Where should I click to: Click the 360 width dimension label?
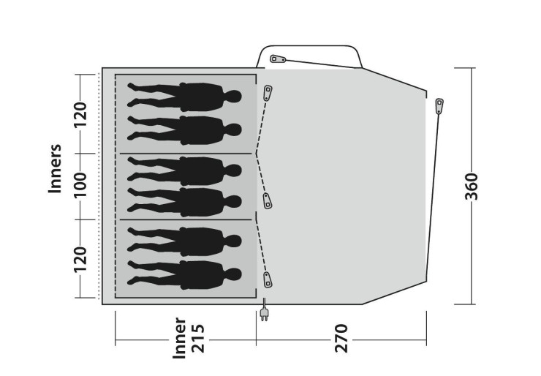tap(472, 187)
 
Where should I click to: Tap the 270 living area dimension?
tap(341, 339)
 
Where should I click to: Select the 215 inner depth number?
tap(198, 339)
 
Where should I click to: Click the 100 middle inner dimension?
tap(80, 185)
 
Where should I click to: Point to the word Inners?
tap(55, 168)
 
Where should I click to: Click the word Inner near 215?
tap(179, 339)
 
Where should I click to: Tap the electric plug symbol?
tap(264, 310)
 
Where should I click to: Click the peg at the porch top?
tap(278, 59)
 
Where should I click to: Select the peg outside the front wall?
tap(439, 106)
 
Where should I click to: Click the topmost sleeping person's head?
tap(233, 97)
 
